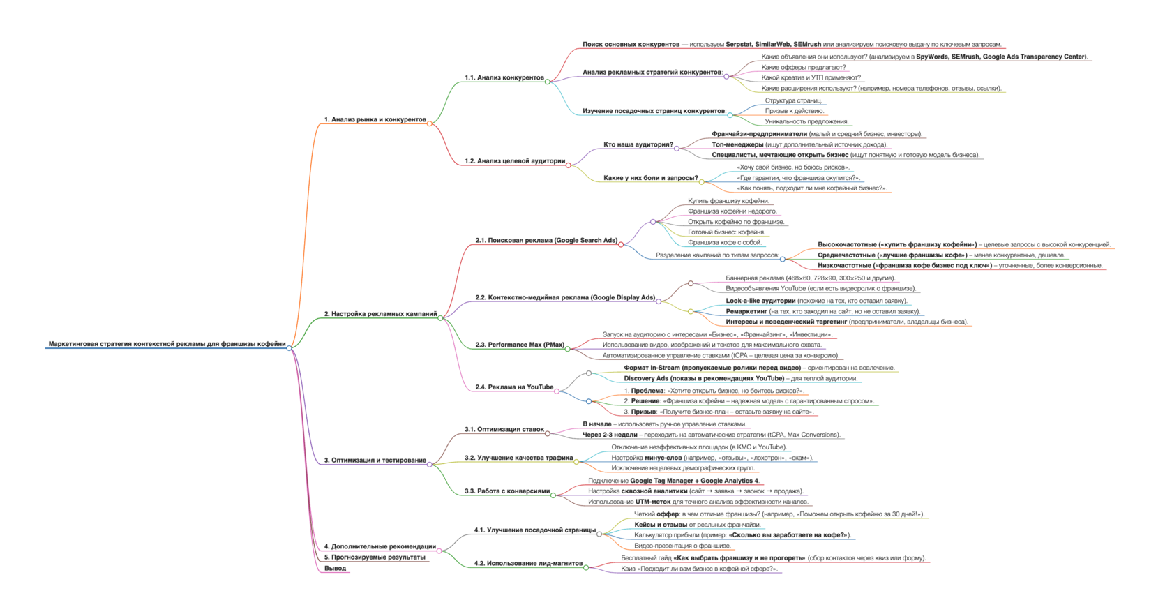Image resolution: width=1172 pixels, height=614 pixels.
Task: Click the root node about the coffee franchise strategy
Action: pyautogui.click(x=167, y=344)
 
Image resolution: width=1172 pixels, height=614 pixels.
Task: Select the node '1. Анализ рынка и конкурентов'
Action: pyautogui.click(x=375, y=119)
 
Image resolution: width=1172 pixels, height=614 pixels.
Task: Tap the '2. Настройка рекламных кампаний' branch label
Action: pyautogui.click(x=380, y=314)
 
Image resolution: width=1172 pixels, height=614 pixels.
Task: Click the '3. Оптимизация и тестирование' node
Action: pyautogui.click(x=375, y=460)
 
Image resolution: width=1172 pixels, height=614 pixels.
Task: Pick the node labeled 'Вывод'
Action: pyautogui.click(x=335, y=569)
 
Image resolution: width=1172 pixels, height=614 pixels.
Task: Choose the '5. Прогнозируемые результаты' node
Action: pyautogui.click(x=375, y=557)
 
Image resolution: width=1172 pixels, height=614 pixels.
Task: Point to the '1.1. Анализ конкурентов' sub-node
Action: pyautogui.click(x=504, y=77)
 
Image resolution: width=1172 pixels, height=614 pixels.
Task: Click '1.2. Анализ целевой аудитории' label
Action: pyautogui.click(x=515, y=161)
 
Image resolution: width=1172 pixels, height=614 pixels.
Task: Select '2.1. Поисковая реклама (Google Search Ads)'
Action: pyautogui.click(x=546, y=241)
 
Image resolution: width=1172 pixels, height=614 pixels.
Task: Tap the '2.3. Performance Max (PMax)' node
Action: pyautogui.click(x=520, y=345)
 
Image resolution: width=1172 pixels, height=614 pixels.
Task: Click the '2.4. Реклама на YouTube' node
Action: pyautogui.click(x=514, y=387)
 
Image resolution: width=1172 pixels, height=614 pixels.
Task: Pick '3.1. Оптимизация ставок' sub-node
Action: pyautogui.click(x=504, y=430)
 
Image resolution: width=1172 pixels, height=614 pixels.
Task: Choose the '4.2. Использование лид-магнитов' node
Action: pyautogui.click(x=528, y=564)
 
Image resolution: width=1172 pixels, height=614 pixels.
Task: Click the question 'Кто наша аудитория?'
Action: pyautogui.click(x=638, y=145)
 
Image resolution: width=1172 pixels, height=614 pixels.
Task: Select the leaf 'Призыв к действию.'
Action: pyautogui.click(x=794, y=111)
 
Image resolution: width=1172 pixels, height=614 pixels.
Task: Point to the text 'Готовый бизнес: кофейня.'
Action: pyautogui.click(x=726, y=232)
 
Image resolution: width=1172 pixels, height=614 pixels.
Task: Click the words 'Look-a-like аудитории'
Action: pyautogui.click(x=760, y=301)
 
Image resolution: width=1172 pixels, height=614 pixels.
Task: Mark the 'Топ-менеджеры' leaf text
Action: pyautogui.click(x=737, y=145)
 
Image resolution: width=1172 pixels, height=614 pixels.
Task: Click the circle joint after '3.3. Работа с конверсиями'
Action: pyautogui.click(x=553, y=495)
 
